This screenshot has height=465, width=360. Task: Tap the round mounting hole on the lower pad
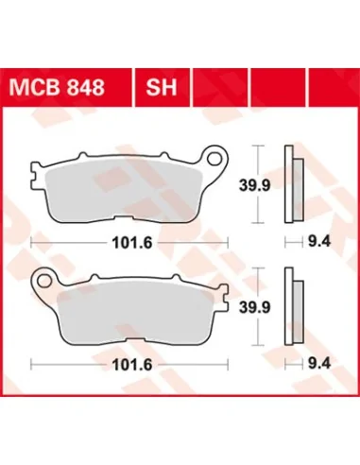click(x=43, y=279)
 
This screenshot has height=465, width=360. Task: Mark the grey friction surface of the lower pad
click(x=132, y=308)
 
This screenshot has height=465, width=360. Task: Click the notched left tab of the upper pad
click(x=39, y=175)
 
